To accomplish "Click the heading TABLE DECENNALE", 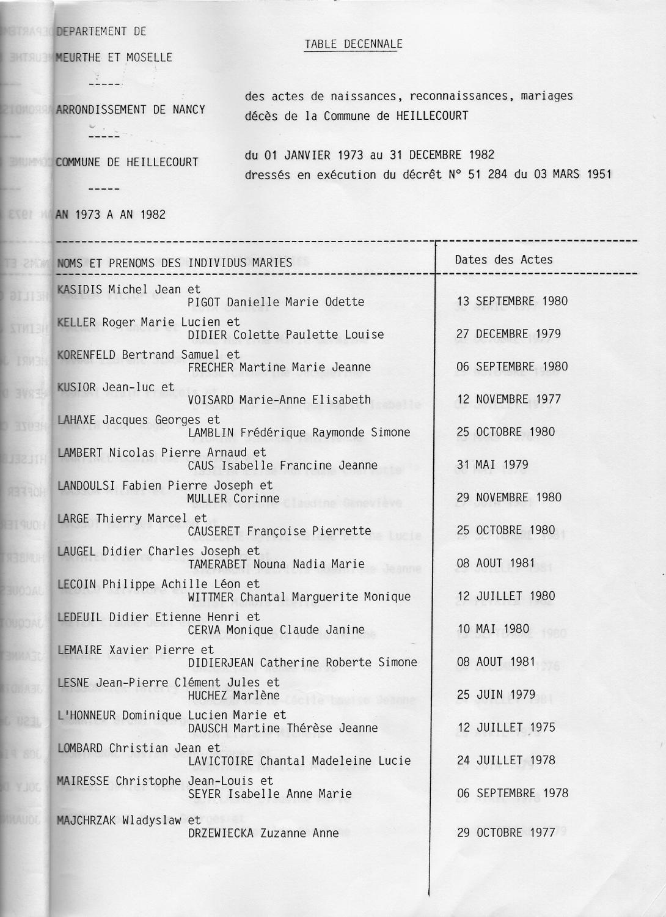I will coord(353,44).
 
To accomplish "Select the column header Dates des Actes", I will coord(503,260).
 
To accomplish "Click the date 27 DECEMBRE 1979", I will coord(508,334).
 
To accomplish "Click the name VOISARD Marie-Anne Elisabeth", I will coord(279,400).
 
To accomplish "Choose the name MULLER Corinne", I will coord(233,498).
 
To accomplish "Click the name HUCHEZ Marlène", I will coord(233,695).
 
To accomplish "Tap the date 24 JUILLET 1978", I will coord(506,760).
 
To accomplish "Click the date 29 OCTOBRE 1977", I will coord(506,832).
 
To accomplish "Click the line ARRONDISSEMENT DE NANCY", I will coord(130,110).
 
